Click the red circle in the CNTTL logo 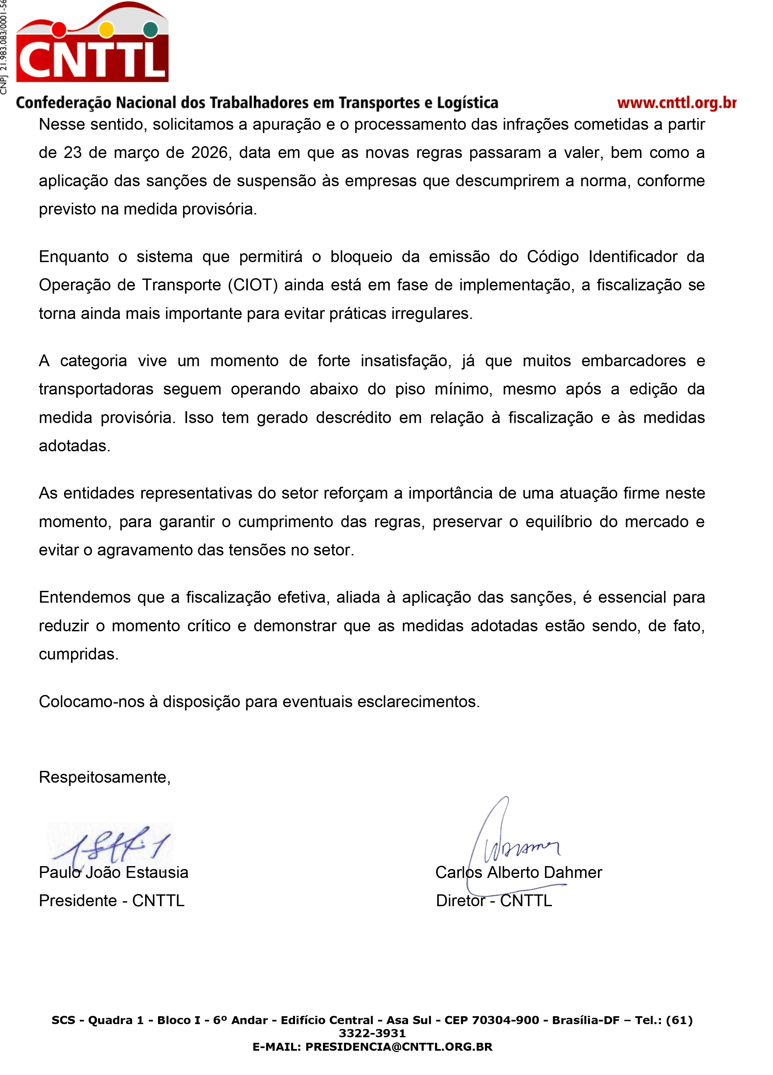(x=59, y=30)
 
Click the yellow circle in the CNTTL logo (x=107, y=30)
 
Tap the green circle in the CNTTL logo (x=150, y=30)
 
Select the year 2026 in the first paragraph (x=210, y=153)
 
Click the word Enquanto (x=74, y=257)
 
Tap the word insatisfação (x=404, y=361)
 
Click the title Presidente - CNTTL (x=111, y=901)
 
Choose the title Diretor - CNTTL (x=494, y=901)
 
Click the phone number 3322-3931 (x=372, y=1033)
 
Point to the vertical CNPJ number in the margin (x=4, y=47)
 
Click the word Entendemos (x=84, y=597)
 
